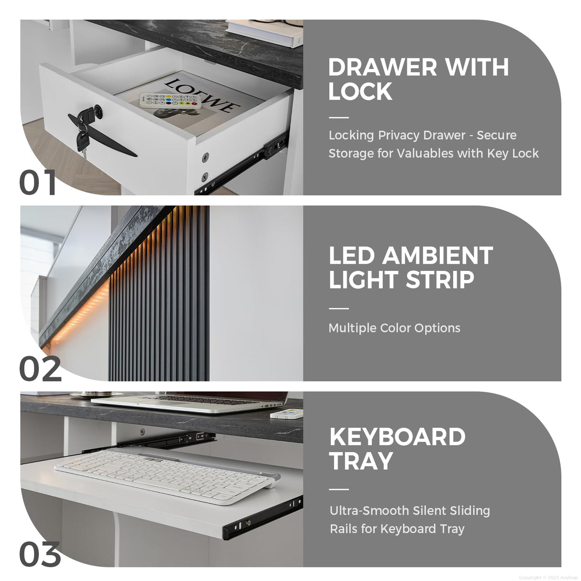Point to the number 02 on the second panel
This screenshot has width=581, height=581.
[x=40, y=369]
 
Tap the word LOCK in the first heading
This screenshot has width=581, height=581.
[x=360, y=91]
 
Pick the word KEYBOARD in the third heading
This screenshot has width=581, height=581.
[x=397, y=436]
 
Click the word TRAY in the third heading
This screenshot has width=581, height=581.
[x=361, y=461]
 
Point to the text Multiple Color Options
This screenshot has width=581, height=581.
[x=394, y=328]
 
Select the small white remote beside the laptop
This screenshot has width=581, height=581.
[x=286, y=414]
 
